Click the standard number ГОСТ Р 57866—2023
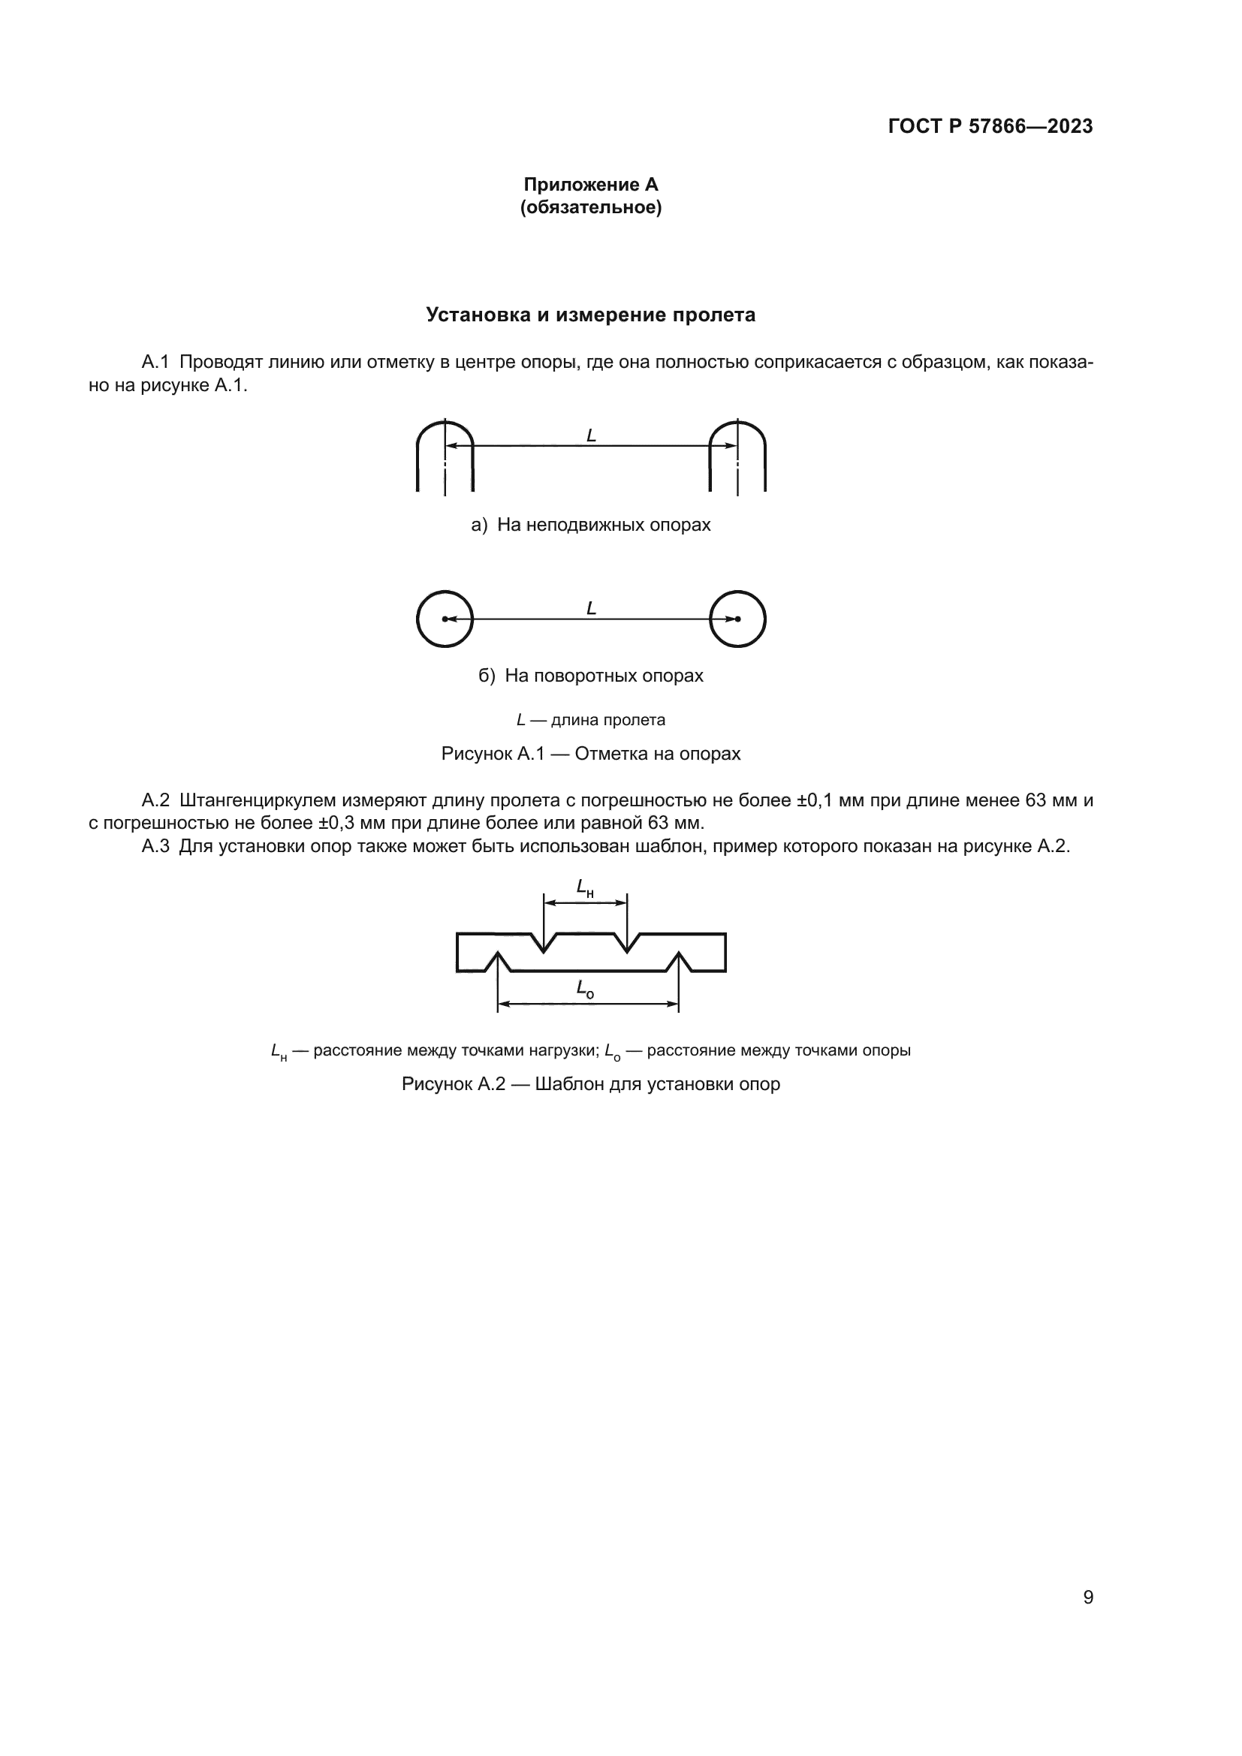click(990, 127)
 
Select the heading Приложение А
click(590, 185)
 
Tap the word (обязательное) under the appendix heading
click(590, 207)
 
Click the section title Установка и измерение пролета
click(590, 315)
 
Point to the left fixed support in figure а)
click(445, 456)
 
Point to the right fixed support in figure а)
click(737, 456)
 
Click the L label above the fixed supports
click(591, 436)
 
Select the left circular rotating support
click(445, 619)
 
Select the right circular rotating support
click(737, 619)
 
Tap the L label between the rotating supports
click(591, 609)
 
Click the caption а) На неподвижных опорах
click(590, 525)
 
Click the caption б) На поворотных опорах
click(590, 676)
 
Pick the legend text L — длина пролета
click(590, 720)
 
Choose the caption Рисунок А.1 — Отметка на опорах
click(590, 754)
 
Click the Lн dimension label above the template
click(585, 888)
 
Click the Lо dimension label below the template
click(585, 989)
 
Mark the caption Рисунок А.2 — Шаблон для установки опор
click(590, 1085)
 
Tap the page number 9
click(1087, 1598)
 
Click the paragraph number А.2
click(155, 801)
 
